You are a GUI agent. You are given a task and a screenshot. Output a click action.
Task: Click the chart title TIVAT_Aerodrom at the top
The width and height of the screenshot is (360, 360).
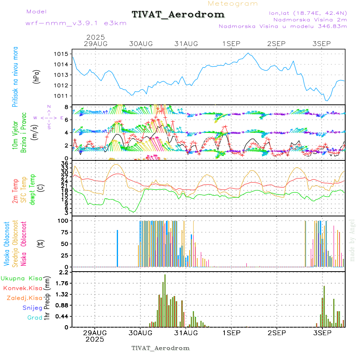tap(178, 14)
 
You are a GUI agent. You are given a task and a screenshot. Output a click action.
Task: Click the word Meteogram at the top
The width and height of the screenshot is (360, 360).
tap(233, 4)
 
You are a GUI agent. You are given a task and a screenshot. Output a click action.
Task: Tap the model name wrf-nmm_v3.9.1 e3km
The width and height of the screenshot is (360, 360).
tap(76, 23)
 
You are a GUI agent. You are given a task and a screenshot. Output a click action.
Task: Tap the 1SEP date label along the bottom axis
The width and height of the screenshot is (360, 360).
tap(231, 333)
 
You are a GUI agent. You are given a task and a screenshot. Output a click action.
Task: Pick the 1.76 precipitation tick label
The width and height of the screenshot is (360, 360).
tap(62, 283)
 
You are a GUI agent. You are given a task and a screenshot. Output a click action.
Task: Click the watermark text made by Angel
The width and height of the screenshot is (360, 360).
tap(352, 240)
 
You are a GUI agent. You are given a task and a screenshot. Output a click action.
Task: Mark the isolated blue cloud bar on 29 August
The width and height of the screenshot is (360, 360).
tap(118, 248)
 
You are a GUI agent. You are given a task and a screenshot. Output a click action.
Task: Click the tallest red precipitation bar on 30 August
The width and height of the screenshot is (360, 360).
tap(165, 300)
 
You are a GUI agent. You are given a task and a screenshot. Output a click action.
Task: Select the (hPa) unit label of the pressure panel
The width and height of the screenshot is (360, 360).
tap(36, 75)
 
